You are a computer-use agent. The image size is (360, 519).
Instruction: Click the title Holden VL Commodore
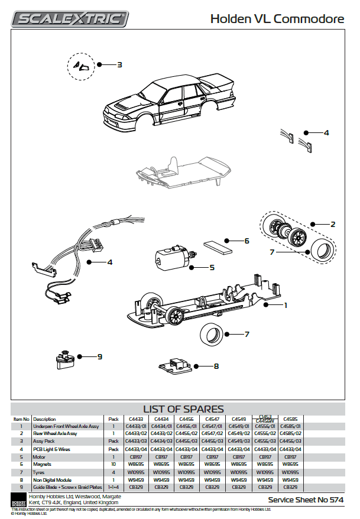tap(277, 19)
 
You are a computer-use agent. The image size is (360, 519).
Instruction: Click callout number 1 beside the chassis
tap(286, 305)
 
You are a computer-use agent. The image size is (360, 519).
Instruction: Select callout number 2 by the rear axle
tap(333, 224)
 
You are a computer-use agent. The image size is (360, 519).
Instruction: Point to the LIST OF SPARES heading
tap(184, 409)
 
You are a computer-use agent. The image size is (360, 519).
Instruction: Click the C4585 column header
tap(290, 419)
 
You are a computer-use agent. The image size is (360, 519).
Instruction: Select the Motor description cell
tap(40, 456)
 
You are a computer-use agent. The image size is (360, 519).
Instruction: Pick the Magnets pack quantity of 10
tap(113, 464)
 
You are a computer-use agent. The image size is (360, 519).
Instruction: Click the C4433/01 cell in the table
tap(136, 426)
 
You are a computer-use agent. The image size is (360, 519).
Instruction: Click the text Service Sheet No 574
tap(306, 500)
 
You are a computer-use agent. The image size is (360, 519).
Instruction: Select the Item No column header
tap(21, 419)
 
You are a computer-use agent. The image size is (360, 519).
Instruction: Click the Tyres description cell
tap(39, 472)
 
